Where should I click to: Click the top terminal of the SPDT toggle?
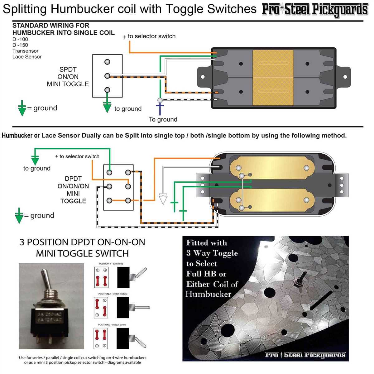click(x=107, y=62)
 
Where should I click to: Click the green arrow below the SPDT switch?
click(x=107, y=107)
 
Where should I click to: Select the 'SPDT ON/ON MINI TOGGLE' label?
click(x=68, y=77)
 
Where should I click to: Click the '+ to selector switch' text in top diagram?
click(x=149, y=36)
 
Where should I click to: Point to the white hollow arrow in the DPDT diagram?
click(x=163, y=199)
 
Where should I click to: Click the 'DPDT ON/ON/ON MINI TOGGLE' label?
click(x=73, y=189)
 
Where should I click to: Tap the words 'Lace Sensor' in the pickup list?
click(x=27, y=57)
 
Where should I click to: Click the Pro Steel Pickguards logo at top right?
click(x=314, y=10)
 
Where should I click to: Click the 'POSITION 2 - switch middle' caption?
click(x=113, y=294)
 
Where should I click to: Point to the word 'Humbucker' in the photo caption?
click(x=208, y=294)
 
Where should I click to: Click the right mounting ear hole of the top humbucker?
click(x=345, y=77)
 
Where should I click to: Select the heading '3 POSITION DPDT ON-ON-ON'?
click(x=82, y=242)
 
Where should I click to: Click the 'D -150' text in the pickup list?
click(x=20, y=45)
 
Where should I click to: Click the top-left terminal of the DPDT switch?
click(x=109, y=172)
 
